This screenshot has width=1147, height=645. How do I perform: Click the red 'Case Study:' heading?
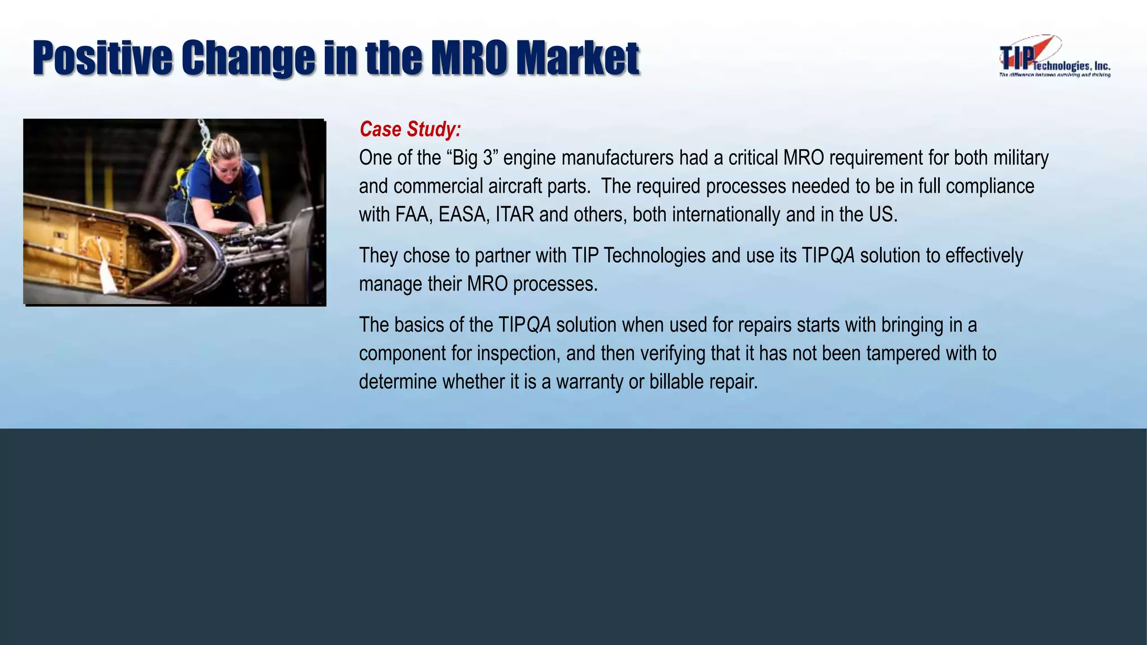[x=410, y=129]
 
